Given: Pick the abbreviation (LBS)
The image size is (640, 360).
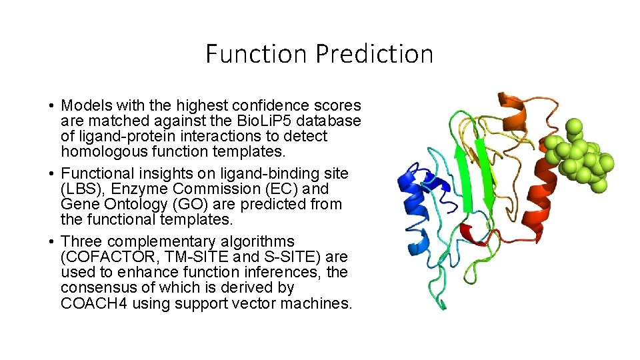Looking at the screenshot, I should pos(77,189).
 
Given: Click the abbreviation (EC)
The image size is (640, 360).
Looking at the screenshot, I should pos(277,189).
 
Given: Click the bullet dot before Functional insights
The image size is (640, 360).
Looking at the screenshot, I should pos(51,174).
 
